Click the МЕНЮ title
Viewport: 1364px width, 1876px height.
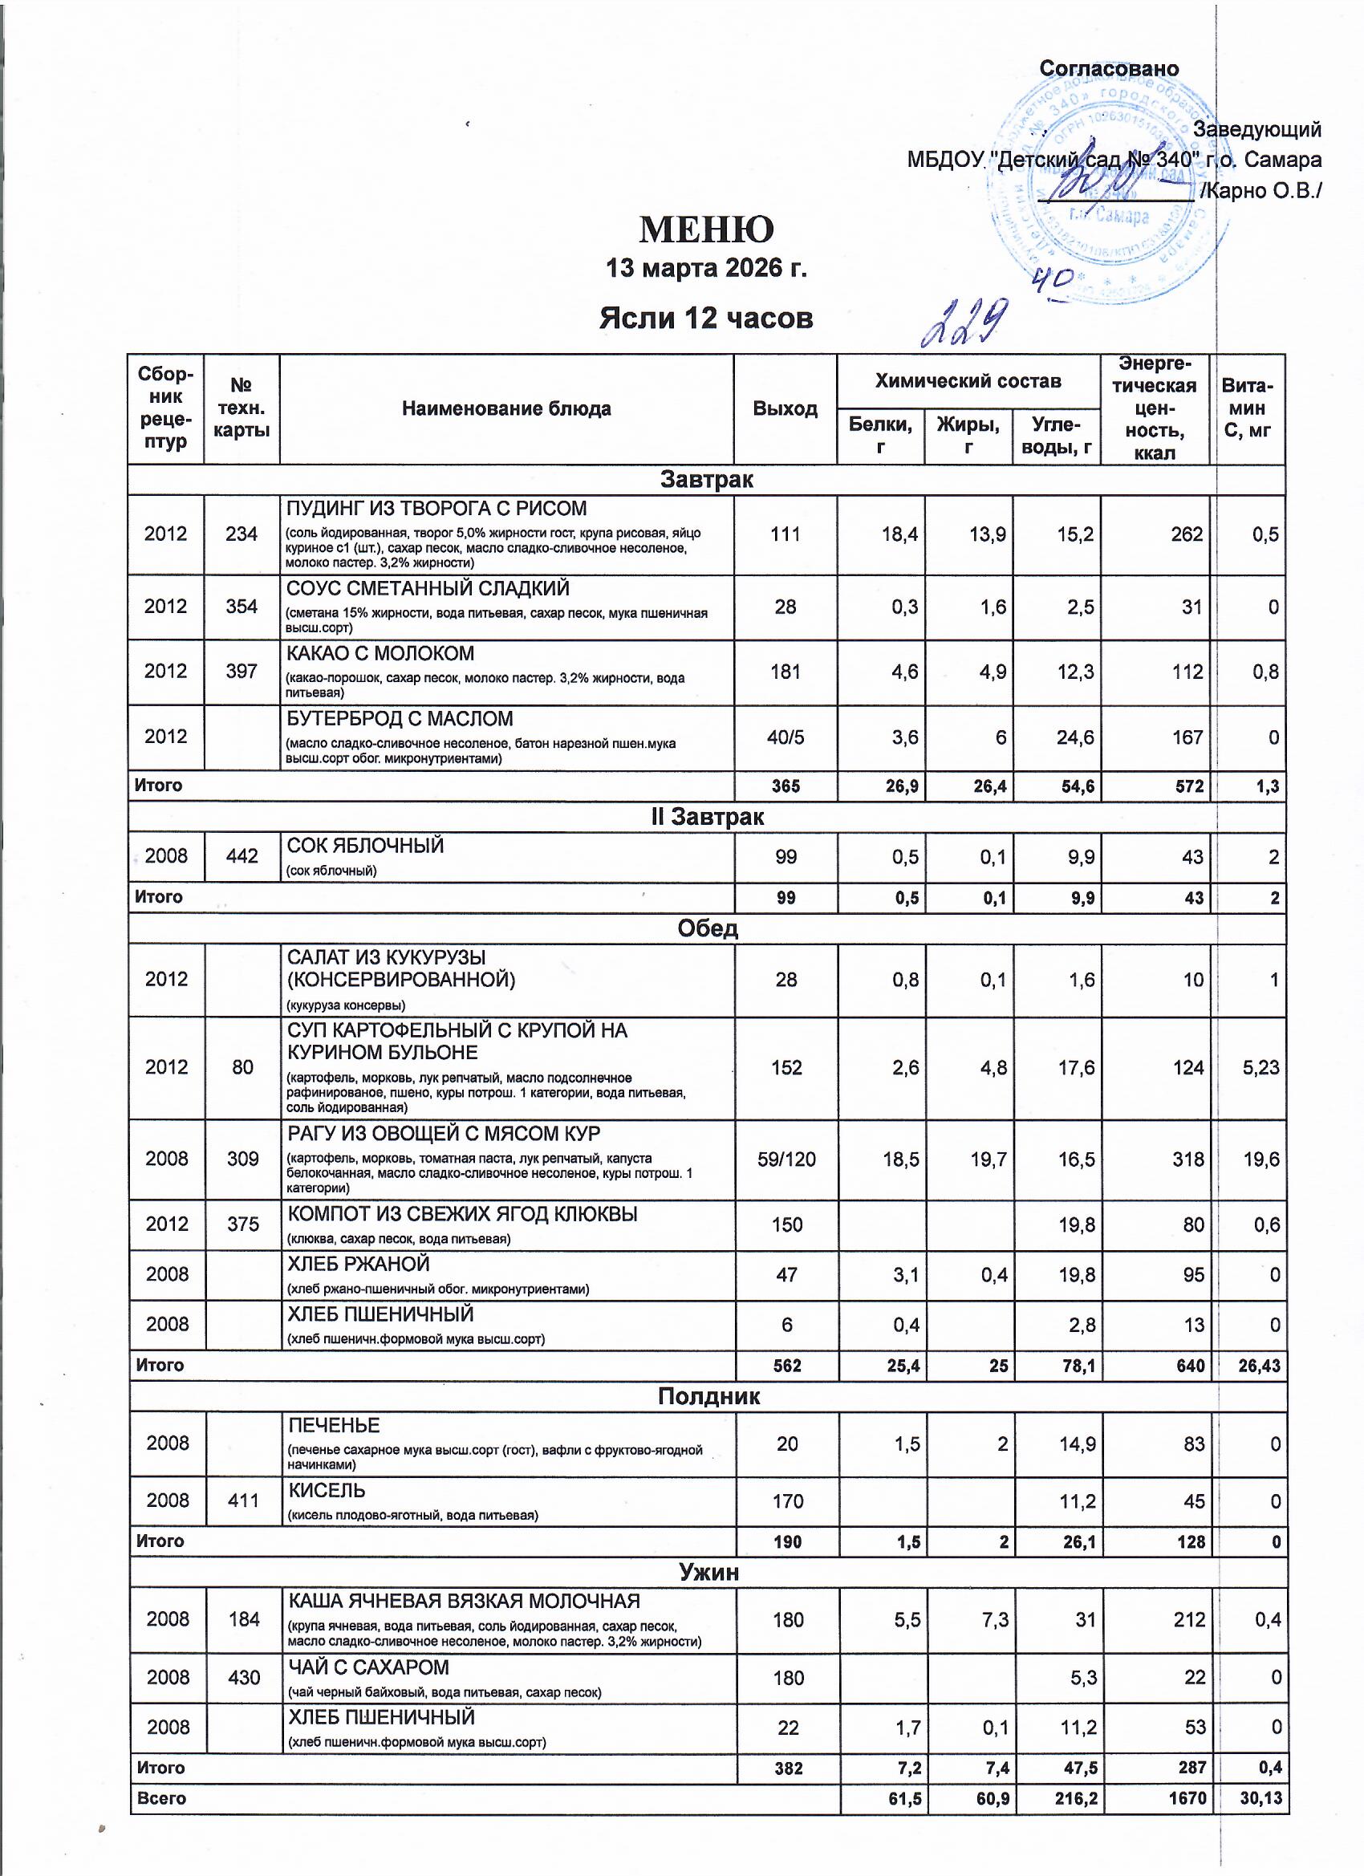705,230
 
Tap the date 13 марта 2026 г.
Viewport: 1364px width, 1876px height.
705,269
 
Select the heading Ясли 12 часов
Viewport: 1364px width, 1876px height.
705,318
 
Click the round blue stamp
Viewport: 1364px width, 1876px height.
1100,190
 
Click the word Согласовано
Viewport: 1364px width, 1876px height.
1108,69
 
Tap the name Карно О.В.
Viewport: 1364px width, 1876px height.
1265,191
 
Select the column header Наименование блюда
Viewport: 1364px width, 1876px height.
506,408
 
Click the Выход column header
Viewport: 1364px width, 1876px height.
785,408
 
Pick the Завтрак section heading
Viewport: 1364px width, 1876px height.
705,480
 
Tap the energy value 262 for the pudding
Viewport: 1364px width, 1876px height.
1186,534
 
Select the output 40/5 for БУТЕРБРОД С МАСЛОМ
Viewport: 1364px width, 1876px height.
785,737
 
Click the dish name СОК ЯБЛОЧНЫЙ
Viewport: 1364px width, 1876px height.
366,846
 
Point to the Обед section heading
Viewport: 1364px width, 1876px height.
707,928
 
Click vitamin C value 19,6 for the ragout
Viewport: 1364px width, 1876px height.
1260,1159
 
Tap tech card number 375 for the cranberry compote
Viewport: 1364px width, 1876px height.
242,1224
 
